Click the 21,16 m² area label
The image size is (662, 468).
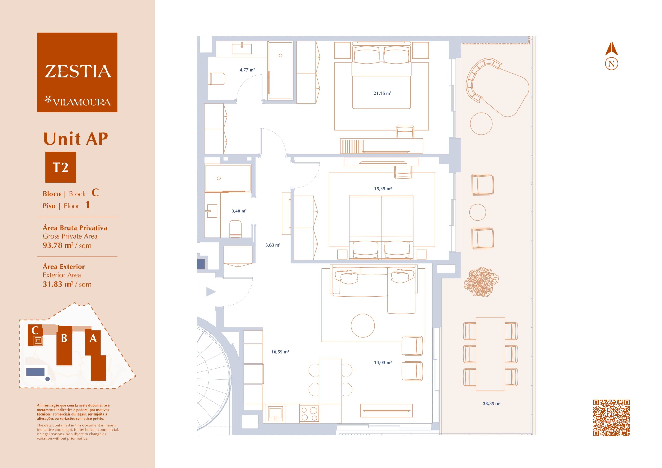pyautogui.click(x=382, y=93)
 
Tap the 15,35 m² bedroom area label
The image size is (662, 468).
pyautogui.click(x=383, y=189)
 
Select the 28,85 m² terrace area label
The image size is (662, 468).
pyautogui.click(x=492, y=403)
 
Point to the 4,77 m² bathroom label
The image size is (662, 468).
pyautogui.click(x=247, y=70)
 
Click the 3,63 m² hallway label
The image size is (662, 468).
pyautogui.click(x=273, y=245)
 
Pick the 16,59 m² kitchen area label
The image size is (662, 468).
pyautogui.click(x=280, y=352)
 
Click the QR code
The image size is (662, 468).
pyautogui.click(x=611, y=418)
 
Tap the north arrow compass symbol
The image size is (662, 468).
pyautogui.click(x=611, y=56)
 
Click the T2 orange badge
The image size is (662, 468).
pyautogui.click(x=61, y=167)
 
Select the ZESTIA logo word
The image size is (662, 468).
pyautogui.click(x=78, y=72)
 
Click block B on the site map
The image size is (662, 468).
pyautogui.click(x=64, y=346)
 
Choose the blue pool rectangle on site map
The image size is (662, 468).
pyautogui.click(x=35, y=372)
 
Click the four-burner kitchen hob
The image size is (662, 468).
pyautogui.click(x=309, y=413)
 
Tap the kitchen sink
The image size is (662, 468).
pyautogui.click(x=275, y=413)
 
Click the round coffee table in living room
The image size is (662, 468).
pyautogui.click(x=363, y=326)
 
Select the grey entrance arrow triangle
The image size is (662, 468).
pyautogui.click(x=211, y=292)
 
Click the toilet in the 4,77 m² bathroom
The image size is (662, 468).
pyautogui.click(x=216, y=79)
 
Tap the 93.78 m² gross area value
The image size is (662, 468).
pyautogui.click(x=58, y=245)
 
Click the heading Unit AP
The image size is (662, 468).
pyautogui.click(x=76, y=139)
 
